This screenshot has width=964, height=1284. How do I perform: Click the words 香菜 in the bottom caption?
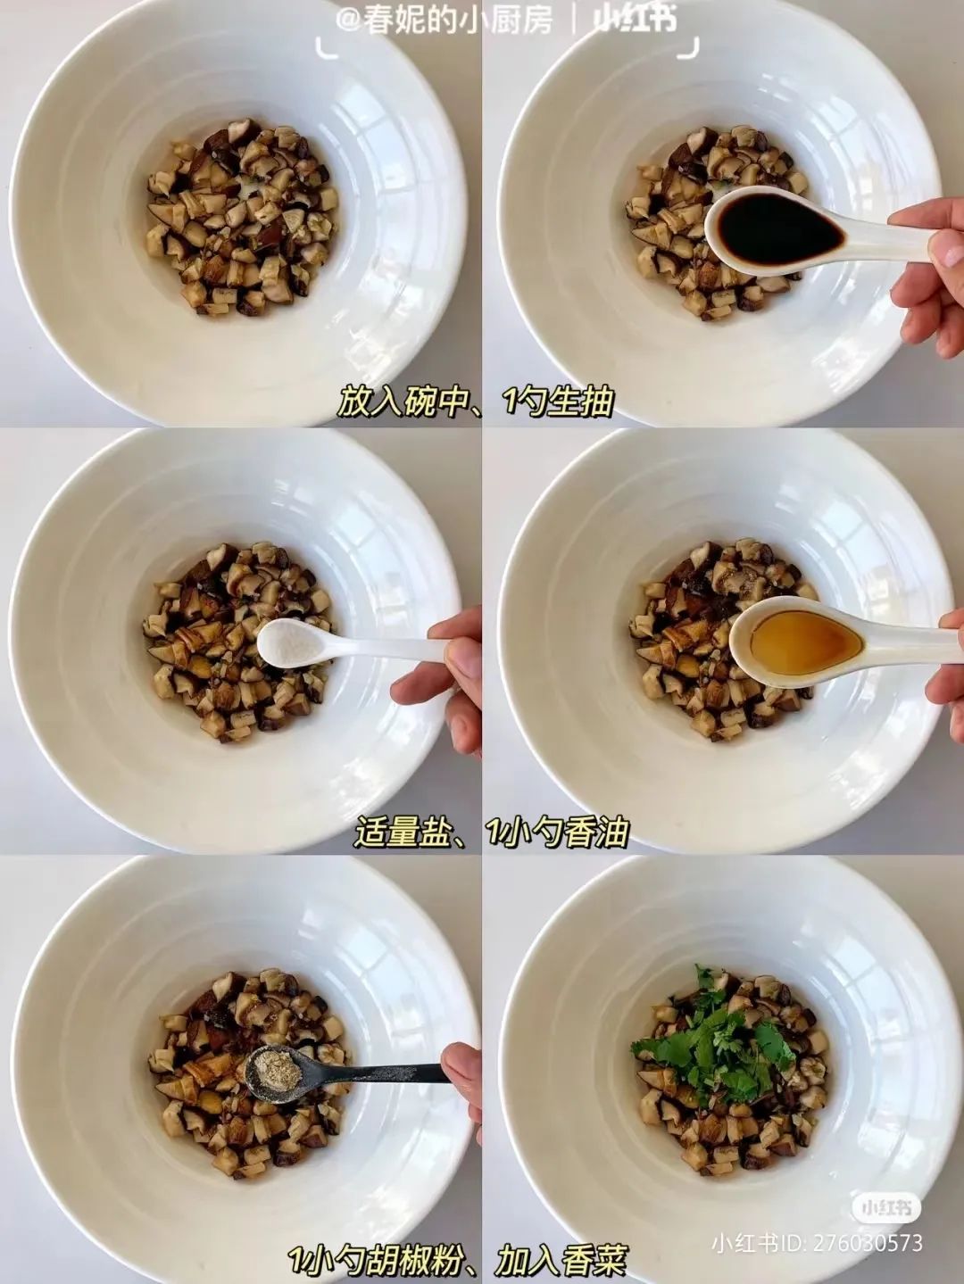(594, 1257)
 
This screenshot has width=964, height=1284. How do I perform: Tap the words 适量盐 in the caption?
(403, 833)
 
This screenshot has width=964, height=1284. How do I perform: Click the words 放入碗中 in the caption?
(404, 402)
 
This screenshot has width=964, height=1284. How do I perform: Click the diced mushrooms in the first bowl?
(242, 218)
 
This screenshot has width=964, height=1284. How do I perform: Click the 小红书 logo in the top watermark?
(635, 21)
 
